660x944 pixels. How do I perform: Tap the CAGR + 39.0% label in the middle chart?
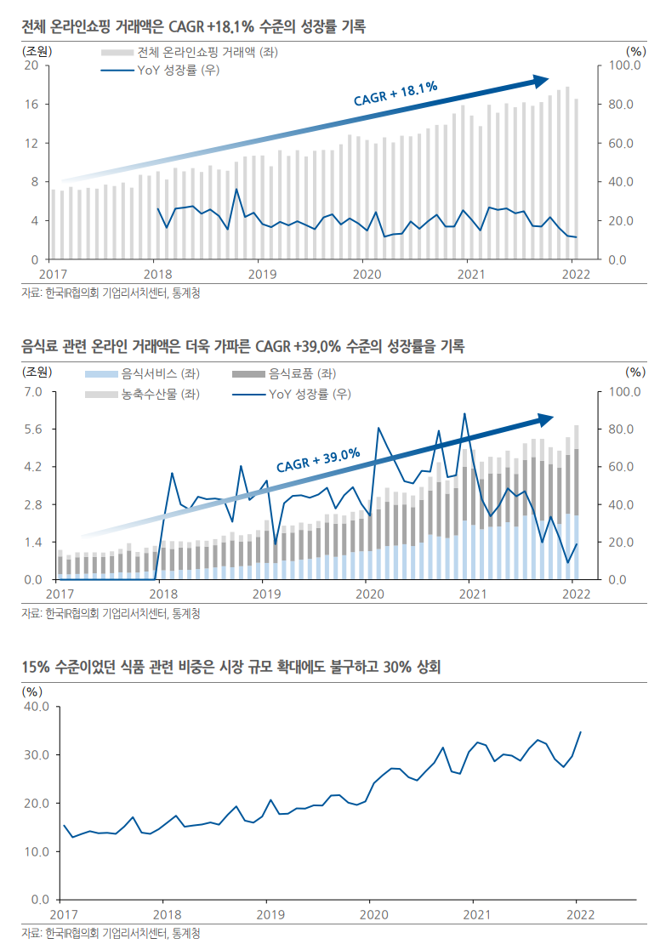click(x=318, y=461)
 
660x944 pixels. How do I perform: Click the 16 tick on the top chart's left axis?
click(x=31, y=104)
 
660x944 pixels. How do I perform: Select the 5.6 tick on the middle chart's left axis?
click(x=31, y=429)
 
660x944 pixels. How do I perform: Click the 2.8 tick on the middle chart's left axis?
click(x=31, y=504)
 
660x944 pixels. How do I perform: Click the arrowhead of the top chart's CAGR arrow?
click(x=541, y=81)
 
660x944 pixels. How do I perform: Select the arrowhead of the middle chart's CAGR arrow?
click(x=544, y=419)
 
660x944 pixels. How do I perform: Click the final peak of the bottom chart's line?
click(x=581, y=731)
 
